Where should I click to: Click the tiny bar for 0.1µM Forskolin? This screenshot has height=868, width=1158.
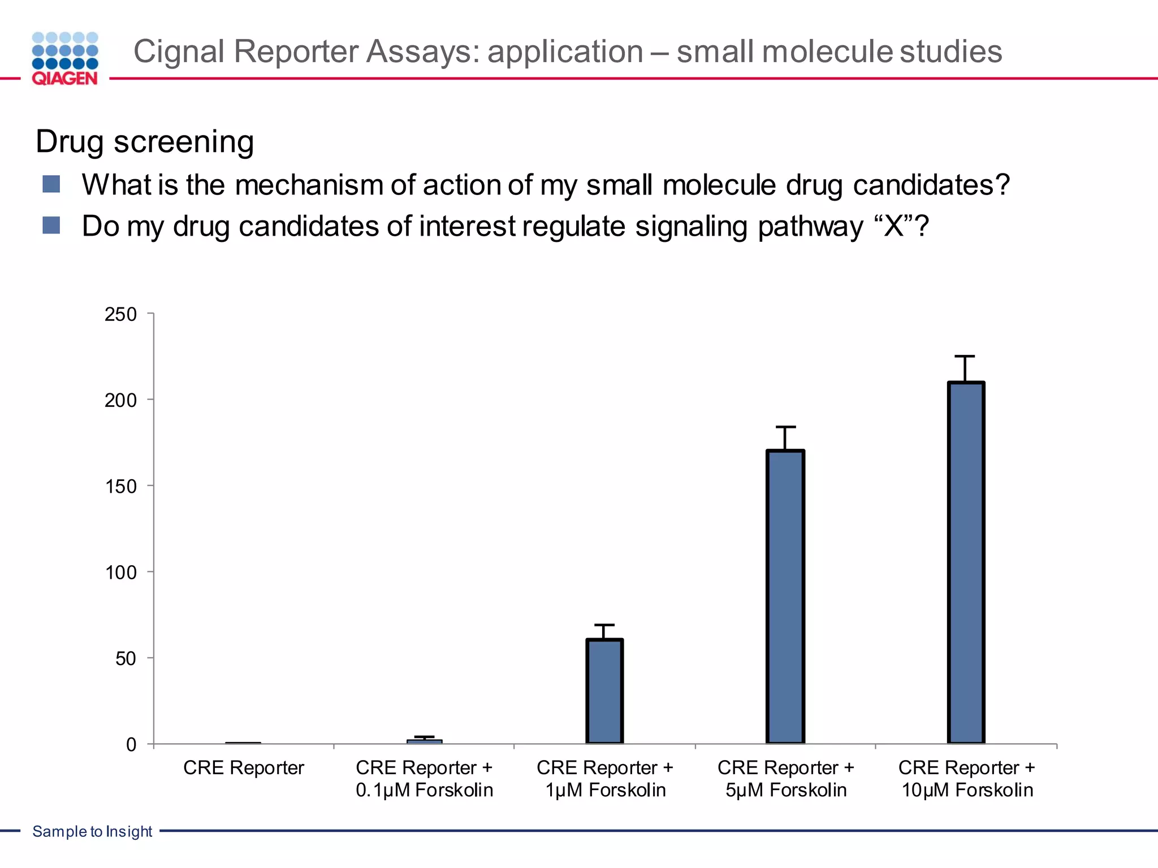pyautogui.click(x=425, y=741)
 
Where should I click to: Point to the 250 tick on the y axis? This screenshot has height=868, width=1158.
pyautogui.click(x=120, y=314)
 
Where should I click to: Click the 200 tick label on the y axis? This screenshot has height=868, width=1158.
pyautogui.click(x=120, y=400)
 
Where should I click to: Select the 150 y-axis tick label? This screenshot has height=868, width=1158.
pyautogui.click(x=120, y=487)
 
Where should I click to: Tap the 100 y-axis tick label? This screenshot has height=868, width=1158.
pyautogui.click(x=120, y=572)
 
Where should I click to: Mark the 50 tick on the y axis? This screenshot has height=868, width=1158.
pyautogui.click(x=126, y=658)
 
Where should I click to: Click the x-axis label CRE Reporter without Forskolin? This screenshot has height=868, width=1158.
pyautogui.click(x=243, y=767)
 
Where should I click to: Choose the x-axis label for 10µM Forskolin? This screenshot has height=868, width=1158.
pyautogui.click(x=966, y=778)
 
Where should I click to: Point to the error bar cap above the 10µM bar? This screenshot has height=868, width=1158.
pyautogui.click(x=965, y=356)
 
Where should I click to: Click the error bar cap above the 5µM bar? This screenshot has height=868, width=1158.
pyautogui.click(x=785, y=427)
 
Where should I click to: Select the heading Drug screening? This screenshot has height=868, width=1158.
pyautogui.click(x=145, y=141)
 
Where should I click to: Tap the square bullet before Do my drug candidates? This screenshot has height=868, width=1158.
pyautogui.click(x=51, y=225)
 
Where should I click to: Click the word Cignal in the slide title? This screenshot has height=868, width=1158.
pyautogui.click(x=179, y=51)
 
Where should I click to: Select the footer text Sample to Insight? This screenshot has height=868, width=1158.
pyautogui.click(x=92, y=831)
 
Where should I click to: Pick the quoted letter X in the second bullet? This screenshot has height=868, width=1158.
pyautogui.click(x=894, y=227)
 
